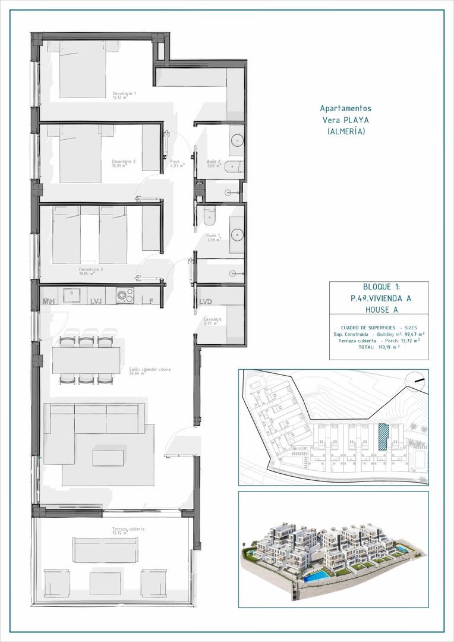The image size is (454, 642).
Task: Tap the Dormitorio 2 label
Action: (x=124, y=162)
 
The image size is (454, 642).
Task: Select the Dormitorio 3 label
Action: (x=91, y=270)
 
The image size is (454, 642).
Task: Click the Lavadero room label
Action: (x=212, y=320)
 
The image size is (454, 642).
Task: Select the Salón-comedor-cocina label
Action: (x=149, y=370)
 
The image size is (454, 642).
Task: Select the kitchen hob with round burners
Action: (x=125, y=295)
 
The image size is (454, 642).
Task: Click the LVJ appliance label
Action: (x=96, y=301)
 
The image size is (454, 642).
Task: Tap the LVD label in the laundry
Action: (x=206, y=301)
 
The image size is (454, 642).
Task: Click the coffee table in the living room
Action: (x=108, y=458)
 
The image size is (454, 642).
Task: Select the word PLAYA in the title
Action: (x=357, y=119)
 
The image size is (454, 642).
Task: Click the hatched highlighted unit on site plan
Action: (x=383, y=436)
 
